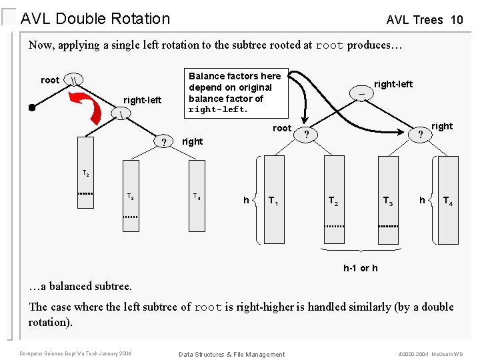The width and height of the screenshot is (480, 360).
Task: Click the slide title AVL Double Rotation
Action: [x=95, y=19]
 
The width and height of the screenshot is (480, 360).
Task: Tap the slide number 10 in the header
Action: [x=456, y=20]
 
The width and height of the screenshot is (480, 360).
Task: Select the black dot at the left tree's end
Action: [x=31, y=107]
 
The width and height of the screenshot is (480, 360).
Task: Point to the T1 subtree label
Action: [x=274, y=200]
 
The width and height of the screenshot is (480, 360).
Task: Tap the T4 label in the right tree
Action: [x=449, y=200]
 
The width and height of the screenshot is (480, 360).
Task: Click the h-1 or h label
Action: [x=360, y=268]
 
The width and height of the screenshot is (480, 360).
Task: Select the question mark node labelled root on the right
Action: [x=306, y=135]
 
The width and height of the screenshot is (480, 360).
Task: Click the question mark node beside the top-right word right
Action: [x=420, y=135]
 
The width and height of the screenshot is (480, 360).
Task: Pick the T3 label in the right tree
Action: [x=387, y=200]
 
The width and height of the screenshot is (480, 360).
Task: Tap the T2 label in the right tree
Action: [x=333, y=200]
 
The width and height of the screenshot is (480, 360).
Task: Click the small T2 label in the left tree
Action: [x=86, y=173]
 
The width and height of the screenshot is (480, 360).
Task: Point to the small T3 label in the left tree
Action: [x=131, y=197]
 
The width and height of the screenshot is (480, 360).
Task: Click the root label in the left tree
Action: [x=50, y=80]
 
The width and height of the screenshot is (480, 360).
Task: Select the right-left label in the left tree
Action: [x=142, y=100]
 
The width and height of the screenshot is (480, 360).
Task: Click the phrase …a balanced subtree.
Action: [x=80, y=286]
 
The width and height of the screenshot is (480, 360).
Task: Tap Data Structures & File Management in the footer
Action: [x=231, y=354]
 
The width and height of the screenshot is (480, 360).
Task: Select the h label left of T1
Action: [x=246, y=200]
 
